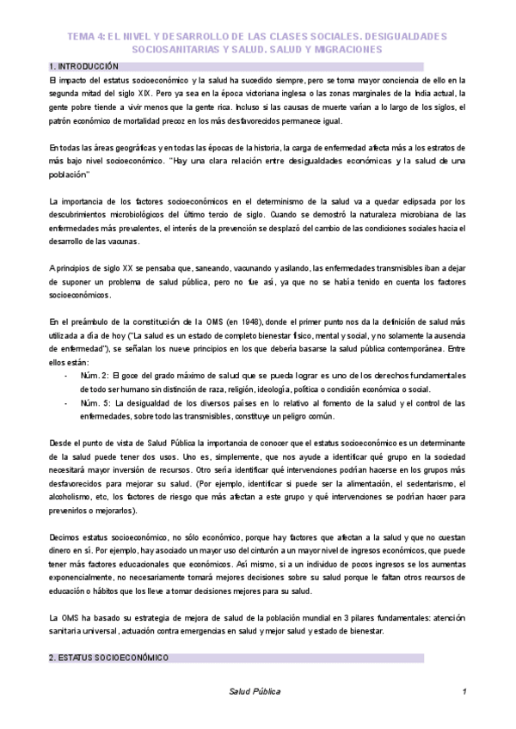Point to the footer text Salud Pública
(x=255, y=691)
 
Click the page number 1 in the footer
(x=464, y=691)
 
